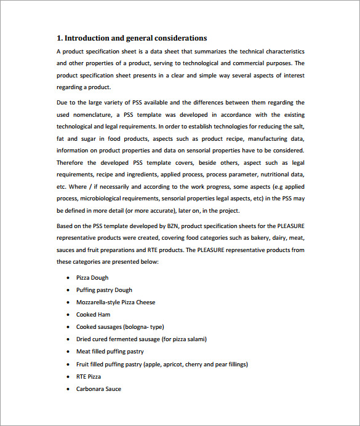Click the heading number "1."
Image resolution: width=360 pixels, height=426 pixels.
coord(60,38)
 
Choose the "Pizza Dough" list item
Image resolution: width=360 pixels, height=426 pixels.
coord(92,278)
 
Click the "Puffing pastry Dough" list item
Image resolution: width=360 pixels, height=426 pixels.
coord(104,290)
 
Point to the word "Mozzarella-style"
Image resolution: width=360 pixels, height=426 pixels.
coord(98,302)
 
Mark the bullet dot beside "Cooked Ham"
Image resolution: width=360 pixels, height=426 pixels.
coord(68,315)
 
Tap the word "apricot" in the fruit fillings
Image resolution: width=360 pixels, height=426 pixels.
coord(171,364)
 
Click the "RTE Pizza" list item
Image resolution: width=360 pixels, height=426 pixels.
coord(89,376)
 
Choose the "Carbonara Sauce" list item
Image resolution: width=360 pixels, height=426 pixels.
coord(98,389)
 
